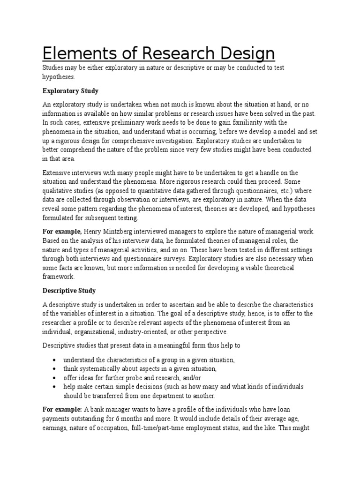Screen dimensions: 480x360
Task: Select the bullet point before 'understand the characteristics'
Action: (x=55, y=360)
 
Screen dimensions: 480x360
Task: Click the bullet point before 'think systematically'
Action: (x=55, y=369)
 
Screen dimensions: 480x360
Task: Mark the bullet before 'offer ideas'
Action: (x=55, y=378)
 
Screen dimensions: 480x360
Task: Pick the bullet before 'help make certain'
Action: (x=55, y=387)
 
